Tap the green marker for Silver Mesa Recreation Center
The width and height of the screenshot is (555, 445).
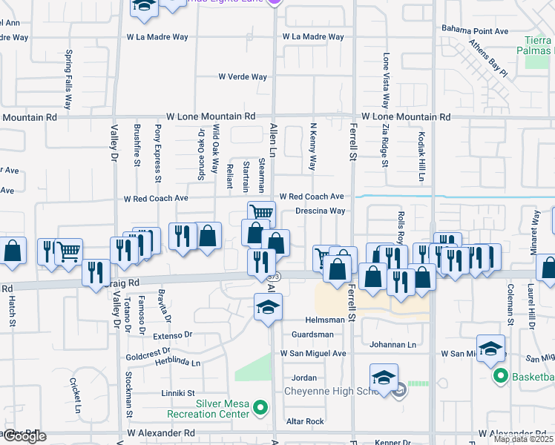click(260, 407)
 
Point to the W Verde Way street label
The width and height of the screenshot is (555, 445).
click(242, 76)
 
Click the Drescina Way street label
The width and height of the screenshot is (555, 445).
click(321, 211)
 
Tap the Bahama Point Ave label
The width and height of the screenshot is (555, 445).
click(475, 30)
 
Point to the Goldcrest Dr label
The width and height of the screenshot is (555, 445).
click(148, 356)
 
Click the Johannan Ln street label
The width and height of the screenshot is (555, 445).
click(393, 344)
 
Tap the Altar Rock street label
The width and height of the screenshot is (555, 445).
click(305, 421)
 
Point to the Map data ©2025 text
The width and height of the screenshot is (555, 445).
click(524, 439)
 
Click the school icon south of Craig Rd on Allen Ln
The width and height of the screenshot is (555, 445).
click(268, 307)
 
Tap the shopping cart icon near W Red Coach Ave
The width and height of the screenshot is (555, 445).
click(260, 213)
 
